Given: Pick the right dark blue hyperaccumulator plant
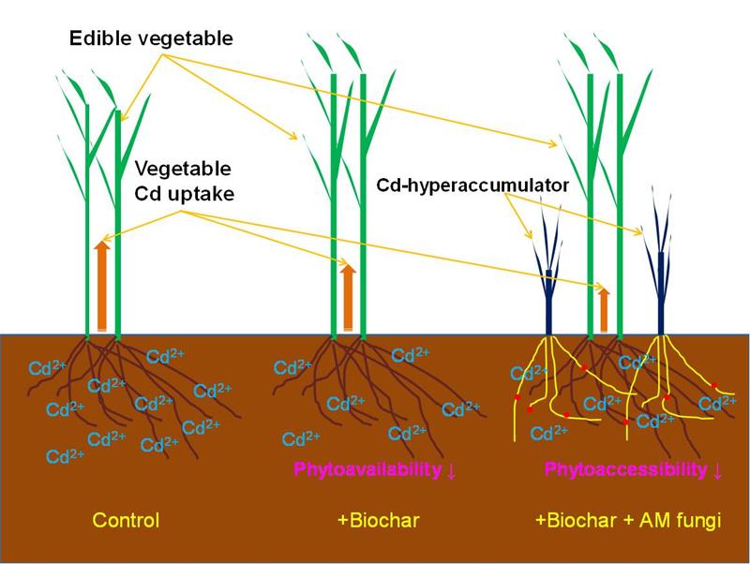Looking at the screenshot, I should pyautogui.click(x=662, y=272).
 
